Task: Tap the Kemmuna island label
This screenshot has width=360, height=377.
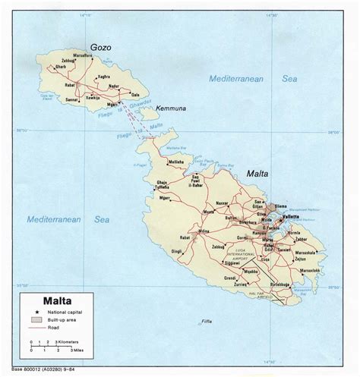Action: [171, 108]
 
